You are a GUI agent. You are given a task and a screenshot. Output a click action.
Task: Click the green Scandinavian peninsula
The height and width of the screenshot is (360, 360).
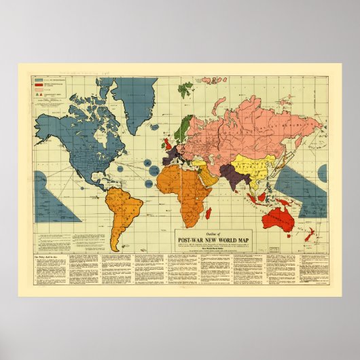pos(185,128)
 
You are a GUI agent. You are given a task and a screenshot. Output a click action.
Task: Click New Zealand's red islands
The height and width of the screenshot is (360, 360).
pos(310,234)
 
